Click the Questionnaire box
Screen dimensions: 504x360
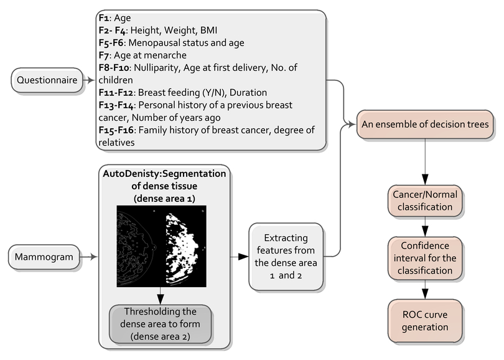coord(47,80)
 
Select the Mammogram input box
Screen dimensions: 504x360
coord(44,257)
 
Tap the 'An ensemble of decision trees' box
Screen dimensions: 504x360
coord(425,125)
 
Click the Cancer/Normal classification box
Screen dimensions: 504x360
coord(425,201)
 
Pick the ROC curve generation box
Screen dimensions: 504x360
coord(425,321)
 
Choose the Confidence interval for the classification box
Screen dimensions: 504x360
coord(425,258)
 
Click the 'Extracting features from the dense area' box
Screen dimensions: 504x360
coord(286,257)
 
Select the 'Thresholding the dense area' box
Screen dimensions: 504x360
coord(160,324)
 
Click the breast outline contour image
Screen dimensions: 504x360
coord(138,247)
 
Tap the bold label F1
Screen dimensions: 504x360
coord(104,17)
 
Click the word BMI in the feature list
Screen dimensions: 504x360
coord(208,31)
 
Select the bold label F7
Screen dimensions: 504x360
coord(104,55)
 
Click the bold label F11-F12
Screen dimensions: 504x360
coord(116,93)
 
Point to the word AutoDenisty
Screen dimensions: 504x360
coord(131,174)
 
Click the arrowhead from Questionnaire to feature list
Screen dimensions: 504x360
coord(91,80)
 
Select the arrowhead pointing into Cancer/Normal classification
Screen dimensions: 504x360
coord(425,180)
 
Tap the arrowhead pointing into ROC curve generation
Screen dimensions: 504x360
coord(425,295)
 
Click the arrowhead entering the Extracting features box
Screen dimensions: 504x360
coord(244,257)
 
